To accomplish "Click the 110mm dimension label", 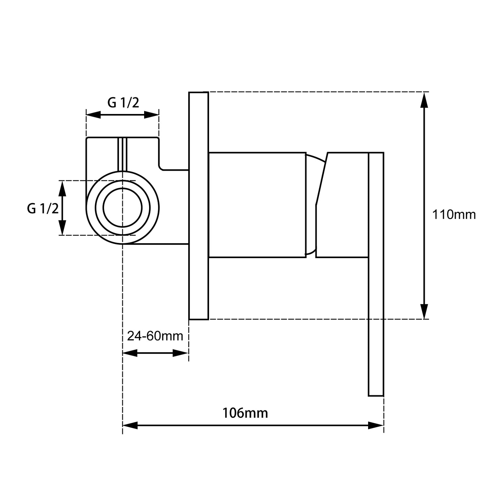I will (454, 215).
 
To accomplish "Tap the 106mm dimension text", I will (245, 413).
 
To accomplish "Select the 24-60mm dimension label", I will (155, 336).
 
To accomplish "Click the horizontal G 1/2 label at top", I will (123, 103).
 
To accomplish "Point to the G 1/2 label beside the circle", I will (43, 208).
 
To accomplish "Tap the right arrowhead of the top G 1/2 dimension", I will (151, 115).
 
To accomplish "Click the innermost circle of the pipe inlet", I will (123, 208).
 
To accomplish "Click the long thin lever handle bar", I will (376, 298).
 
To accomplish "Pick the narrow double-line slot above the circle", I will (122, 154).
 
